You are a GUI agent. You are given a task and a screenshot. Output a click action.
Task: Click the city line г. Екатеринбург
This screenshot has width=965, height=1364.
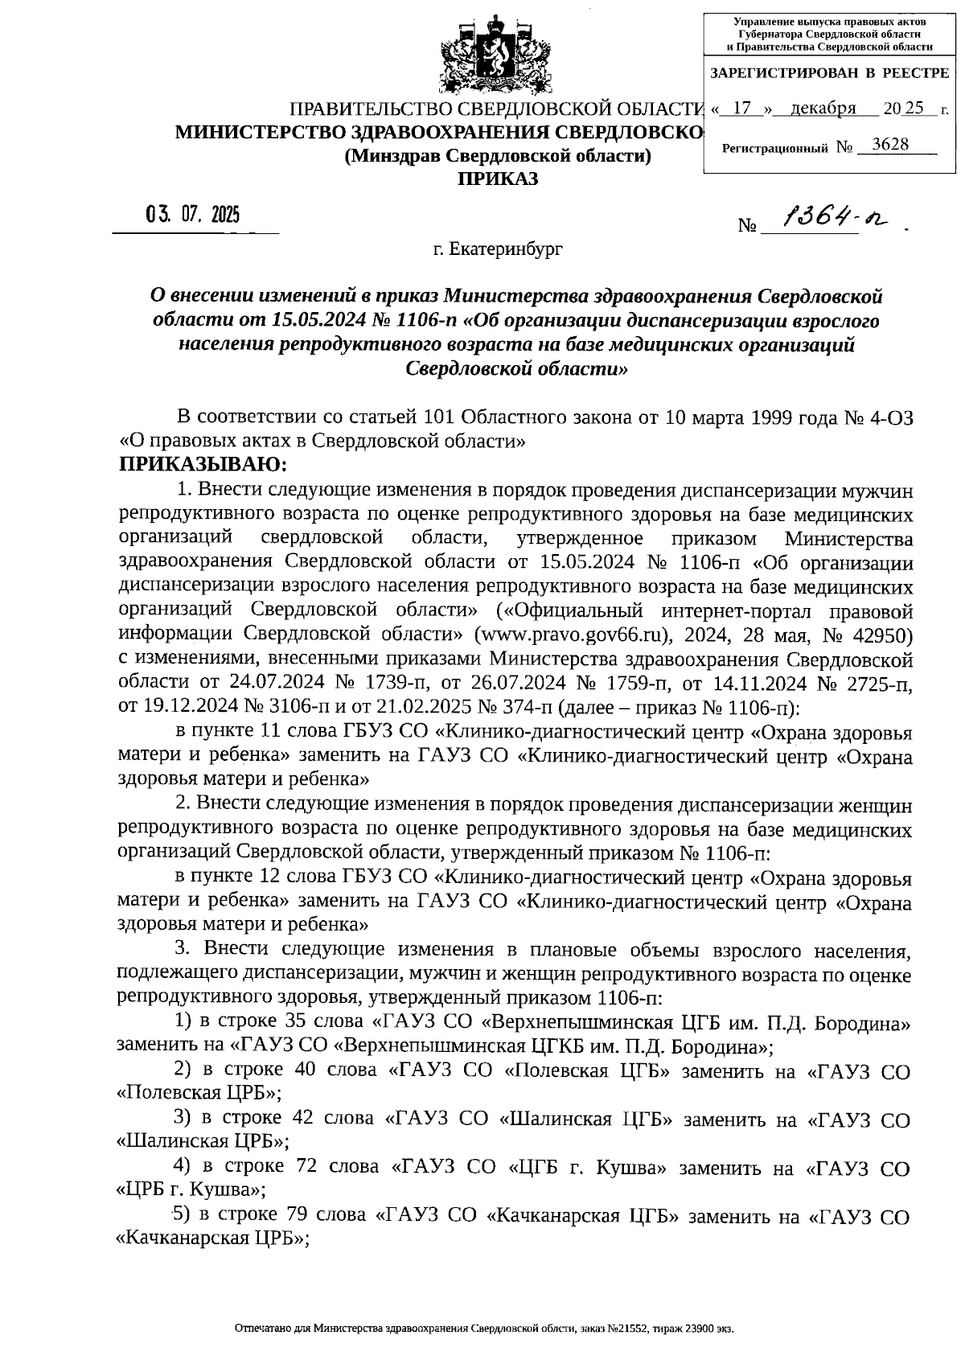(x=498, y=249)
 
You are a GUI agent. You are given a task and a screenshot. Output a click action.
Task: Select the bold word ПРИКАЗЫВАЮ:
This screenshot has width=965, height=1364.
(x=203, y=465)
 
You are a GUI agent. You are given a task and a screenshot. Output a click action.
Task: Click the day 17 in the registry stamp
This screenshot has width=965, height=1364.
(x=748, y=109)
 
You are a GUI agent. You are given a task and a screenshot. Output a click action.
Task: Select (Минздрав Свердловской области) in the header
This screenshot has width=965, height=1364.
(x=497, y=155)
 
